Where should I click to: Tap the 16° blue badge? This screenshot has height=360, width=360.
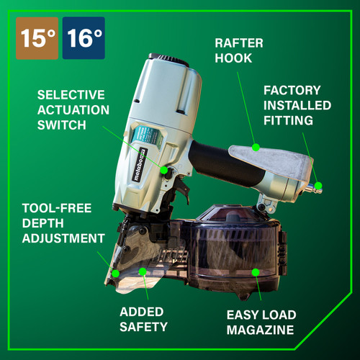click(84, 38)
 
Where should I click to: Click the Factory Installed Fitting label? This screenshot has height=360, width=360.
click(297, 104)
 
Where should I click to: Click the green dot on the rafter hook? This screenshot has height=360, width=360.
click(256, 148)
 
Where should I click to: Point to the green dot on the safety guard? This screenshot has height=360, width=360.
click(143, 272)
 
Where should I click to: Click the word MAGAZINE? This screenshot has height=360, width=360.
click(261, 330)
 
